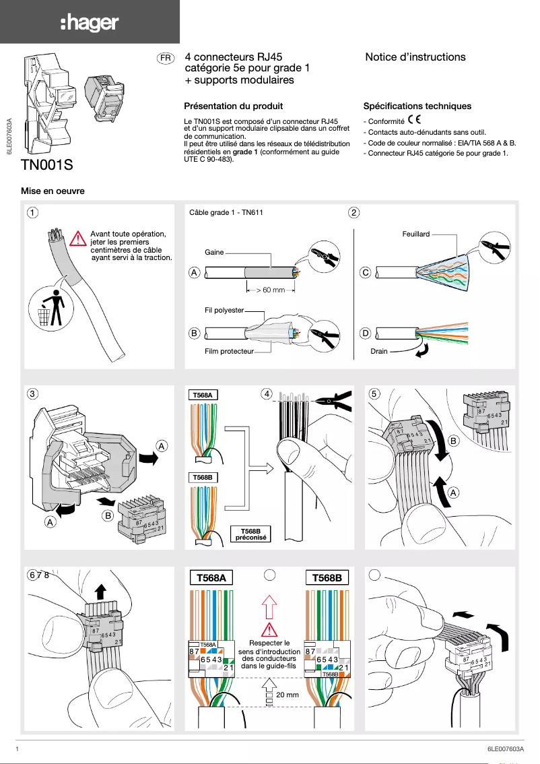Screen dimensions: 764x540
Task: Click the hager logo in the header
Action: pos(90,24)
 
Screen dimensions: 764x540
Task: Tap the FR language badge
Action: pos(165,59)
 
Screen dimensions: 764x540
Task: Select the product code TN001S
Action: pos(47,164)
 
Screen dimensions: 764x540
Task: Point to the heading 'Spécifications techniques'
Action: pos(417,106)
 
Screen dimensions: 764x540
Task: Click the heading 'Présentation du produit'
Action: pos(233,106)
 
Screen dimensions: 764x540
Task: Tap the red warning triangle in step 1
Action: pos(79,238)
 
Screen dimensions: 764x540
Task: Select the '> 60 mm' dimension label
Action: pos(270,290)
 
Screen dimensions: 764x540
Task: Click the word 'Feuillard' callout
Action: pos(415,234)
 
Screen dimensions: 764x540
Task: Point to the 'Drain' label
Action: pos(379,351)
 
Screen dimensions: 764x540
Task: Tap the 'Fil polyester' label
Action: pos(224,311)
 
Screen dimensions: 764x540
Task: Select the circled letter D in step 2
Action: pos(366,333)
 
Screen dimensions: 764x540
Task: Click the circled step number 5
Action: pos(375,393)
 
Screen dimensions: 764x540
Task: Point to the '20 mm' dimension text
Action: pos(288,695)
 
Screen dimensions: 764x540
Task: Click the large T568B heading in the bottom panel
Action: pos(327,577)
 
